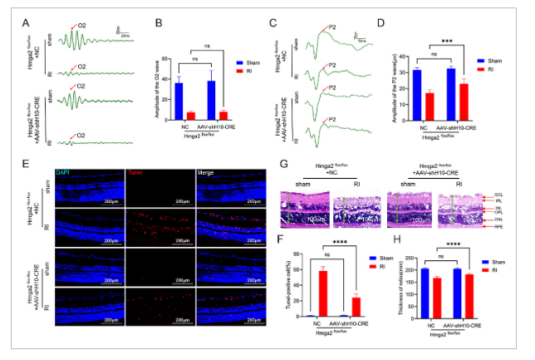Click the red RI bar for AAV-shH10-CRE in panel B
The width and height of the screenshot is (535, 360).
[x=223, y=114]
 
